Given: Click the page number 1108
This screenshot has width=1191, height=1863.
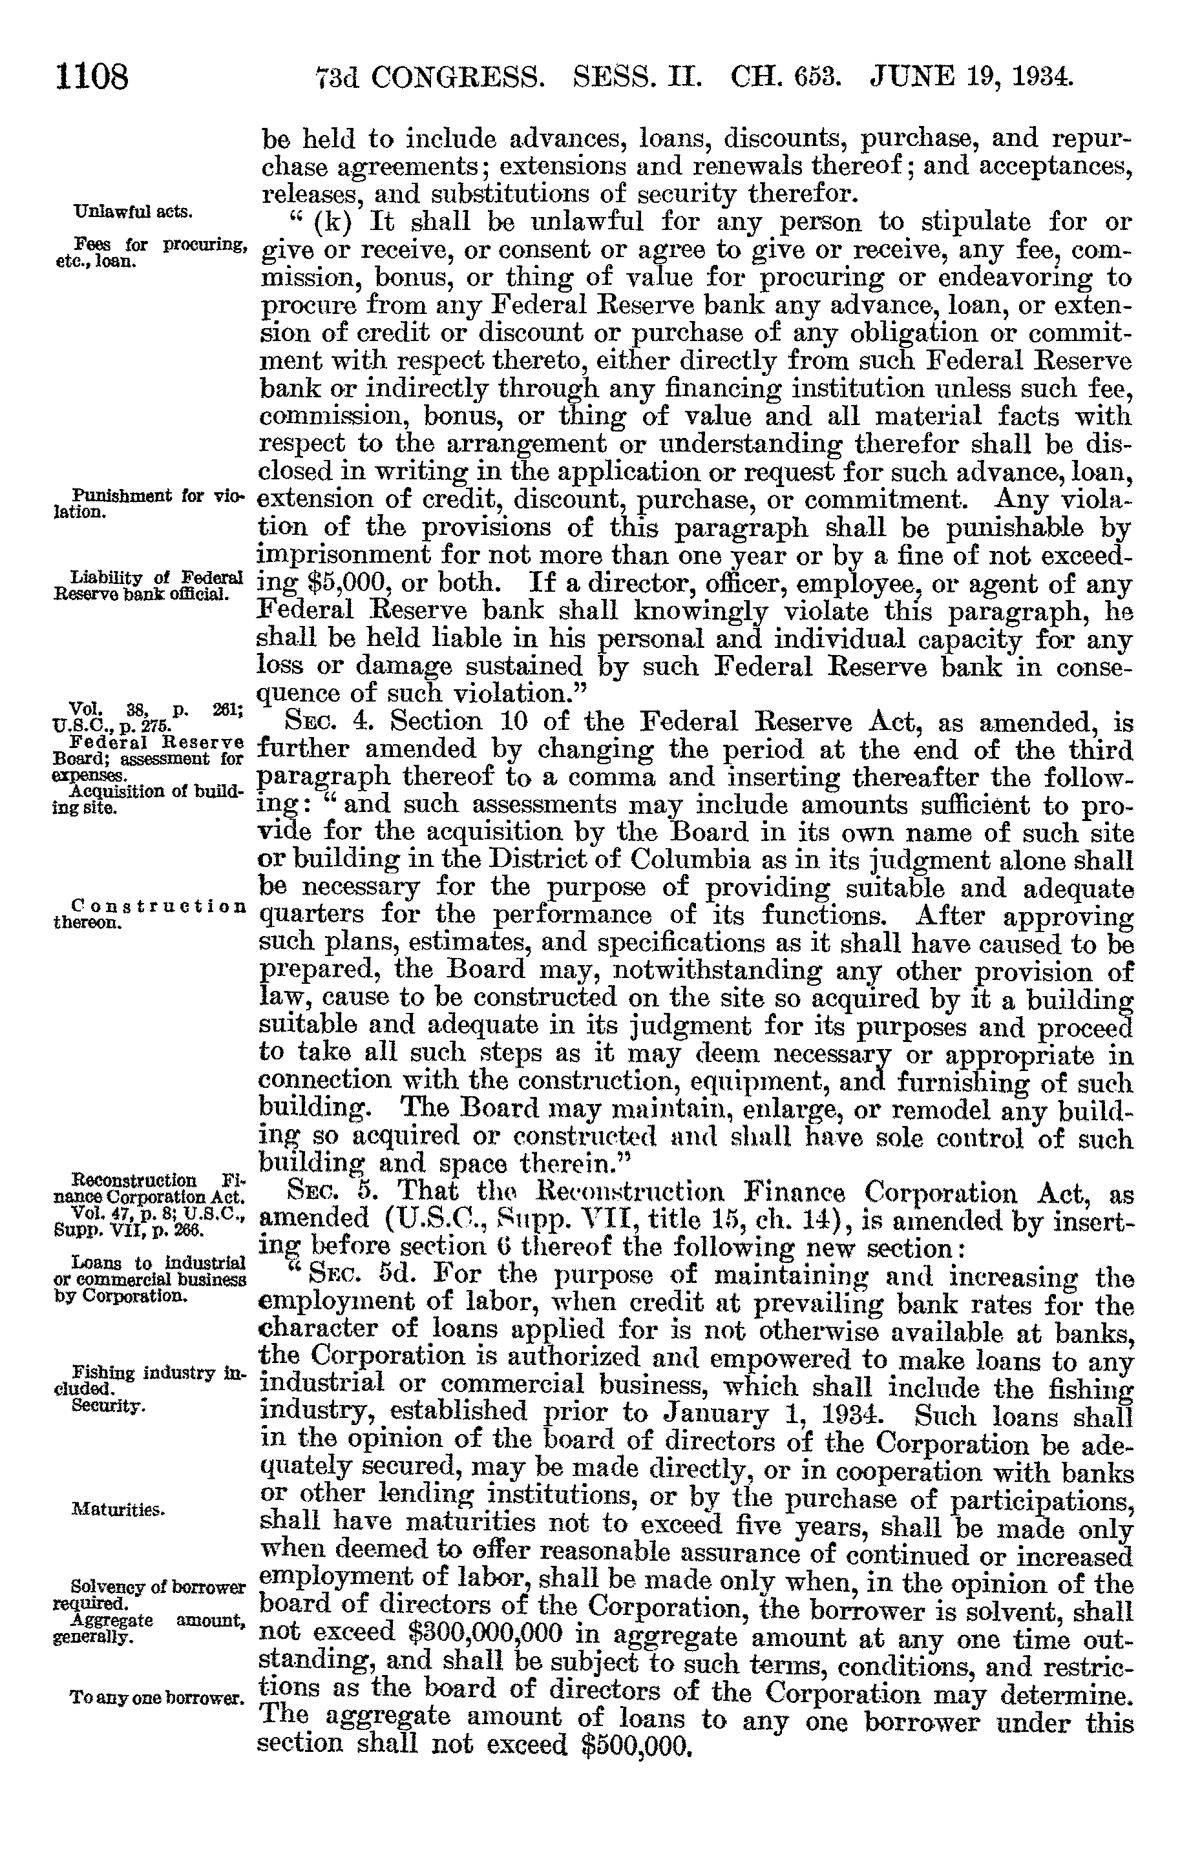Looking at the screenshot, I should tap(91, 78).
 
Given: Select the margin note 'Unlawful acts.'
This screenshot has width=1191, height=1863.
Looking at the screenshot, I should tap(133, 212).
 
